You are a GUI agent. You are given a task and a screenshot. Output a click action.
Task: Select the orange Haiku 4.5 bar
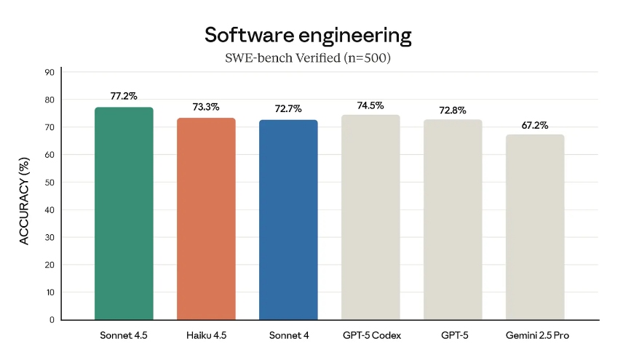(x=206, y=218)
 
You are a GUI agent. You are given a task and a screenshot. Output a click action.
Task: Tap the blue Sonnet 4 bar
(x=288, y=220)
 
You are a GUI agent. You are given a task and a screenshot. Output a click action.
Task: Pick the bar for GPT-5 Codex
(x=370, y=217)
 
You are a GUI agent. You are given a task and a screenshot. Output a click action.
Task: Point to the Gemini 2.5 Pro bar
(x=534, y=227)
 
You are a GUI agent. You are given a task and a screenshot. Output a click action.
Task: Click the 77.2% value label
(x=124, y=96)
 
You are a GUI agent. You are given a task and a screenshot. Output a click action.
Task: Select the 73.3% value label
(x=206, y=107)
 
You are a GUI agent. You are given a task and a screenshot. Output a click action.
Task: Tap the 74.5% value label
(x=370, y=105)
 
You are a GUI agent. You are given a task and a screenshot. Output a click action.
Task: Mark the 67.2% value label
(x=534, y=125)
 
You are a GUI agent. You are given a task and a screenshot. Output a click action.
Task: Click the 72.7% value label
(x=288, y=109)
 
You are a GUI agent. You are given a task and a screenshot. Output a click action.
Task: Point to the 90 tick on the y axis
(x=49, y=72)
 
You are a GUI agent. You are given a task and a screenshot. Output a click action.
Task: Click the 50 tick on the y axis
(x=49, y=182)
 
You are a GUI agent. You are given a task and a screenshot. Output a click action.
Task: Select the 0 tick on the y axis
(x=52, y=319)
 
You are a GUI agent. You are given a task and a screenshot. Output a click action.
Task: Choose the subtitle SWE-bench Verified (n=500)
(x=308, y=58)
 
